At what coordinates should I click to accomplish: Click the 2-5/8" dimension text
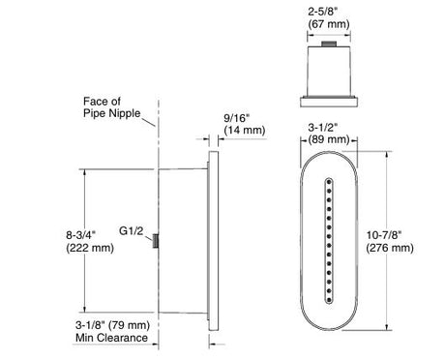(322, 12)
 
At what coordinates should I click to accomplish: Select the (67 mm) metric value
(329, 24)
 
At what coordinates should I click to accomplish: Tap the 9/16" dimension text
(237, 118)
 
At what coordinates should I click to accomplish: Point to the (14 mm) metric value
(245, 131)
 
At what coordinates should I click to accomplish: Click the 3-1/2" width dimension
(322, 128)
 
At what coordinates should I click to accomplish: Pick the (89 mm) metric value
(329, 139)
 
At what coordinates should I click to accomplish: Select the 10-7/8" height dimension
(384, 235)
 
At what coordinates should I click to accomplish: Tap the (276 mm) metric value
(390, 248)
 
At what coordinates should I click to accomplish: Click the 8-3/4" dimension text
(81, 235)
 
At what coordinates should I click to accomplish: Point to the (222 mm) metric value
(90, 248)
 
